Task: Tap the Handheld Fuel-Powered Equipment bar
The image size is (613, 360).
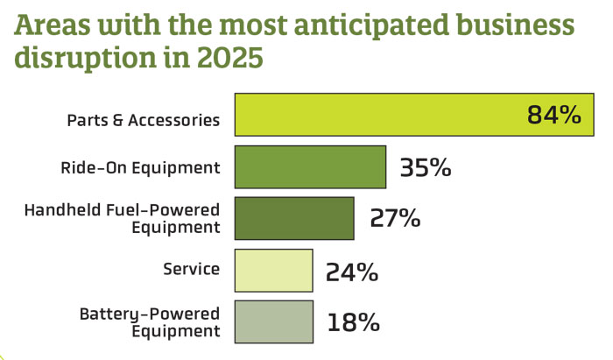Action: click(293, 218)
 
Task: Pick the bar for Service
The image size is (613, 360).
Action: click(272, 270)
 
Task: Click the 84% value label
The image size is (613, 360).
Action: click(554, 116)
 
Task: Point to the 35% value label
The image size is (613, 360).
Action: click(425, 167)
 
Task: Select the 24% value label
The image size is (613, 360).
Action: click(351, 271)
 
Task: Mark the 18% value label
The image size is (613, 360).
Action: click(352, 321)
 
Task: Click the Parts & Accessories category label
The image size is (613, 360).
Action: click(143, 120)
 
